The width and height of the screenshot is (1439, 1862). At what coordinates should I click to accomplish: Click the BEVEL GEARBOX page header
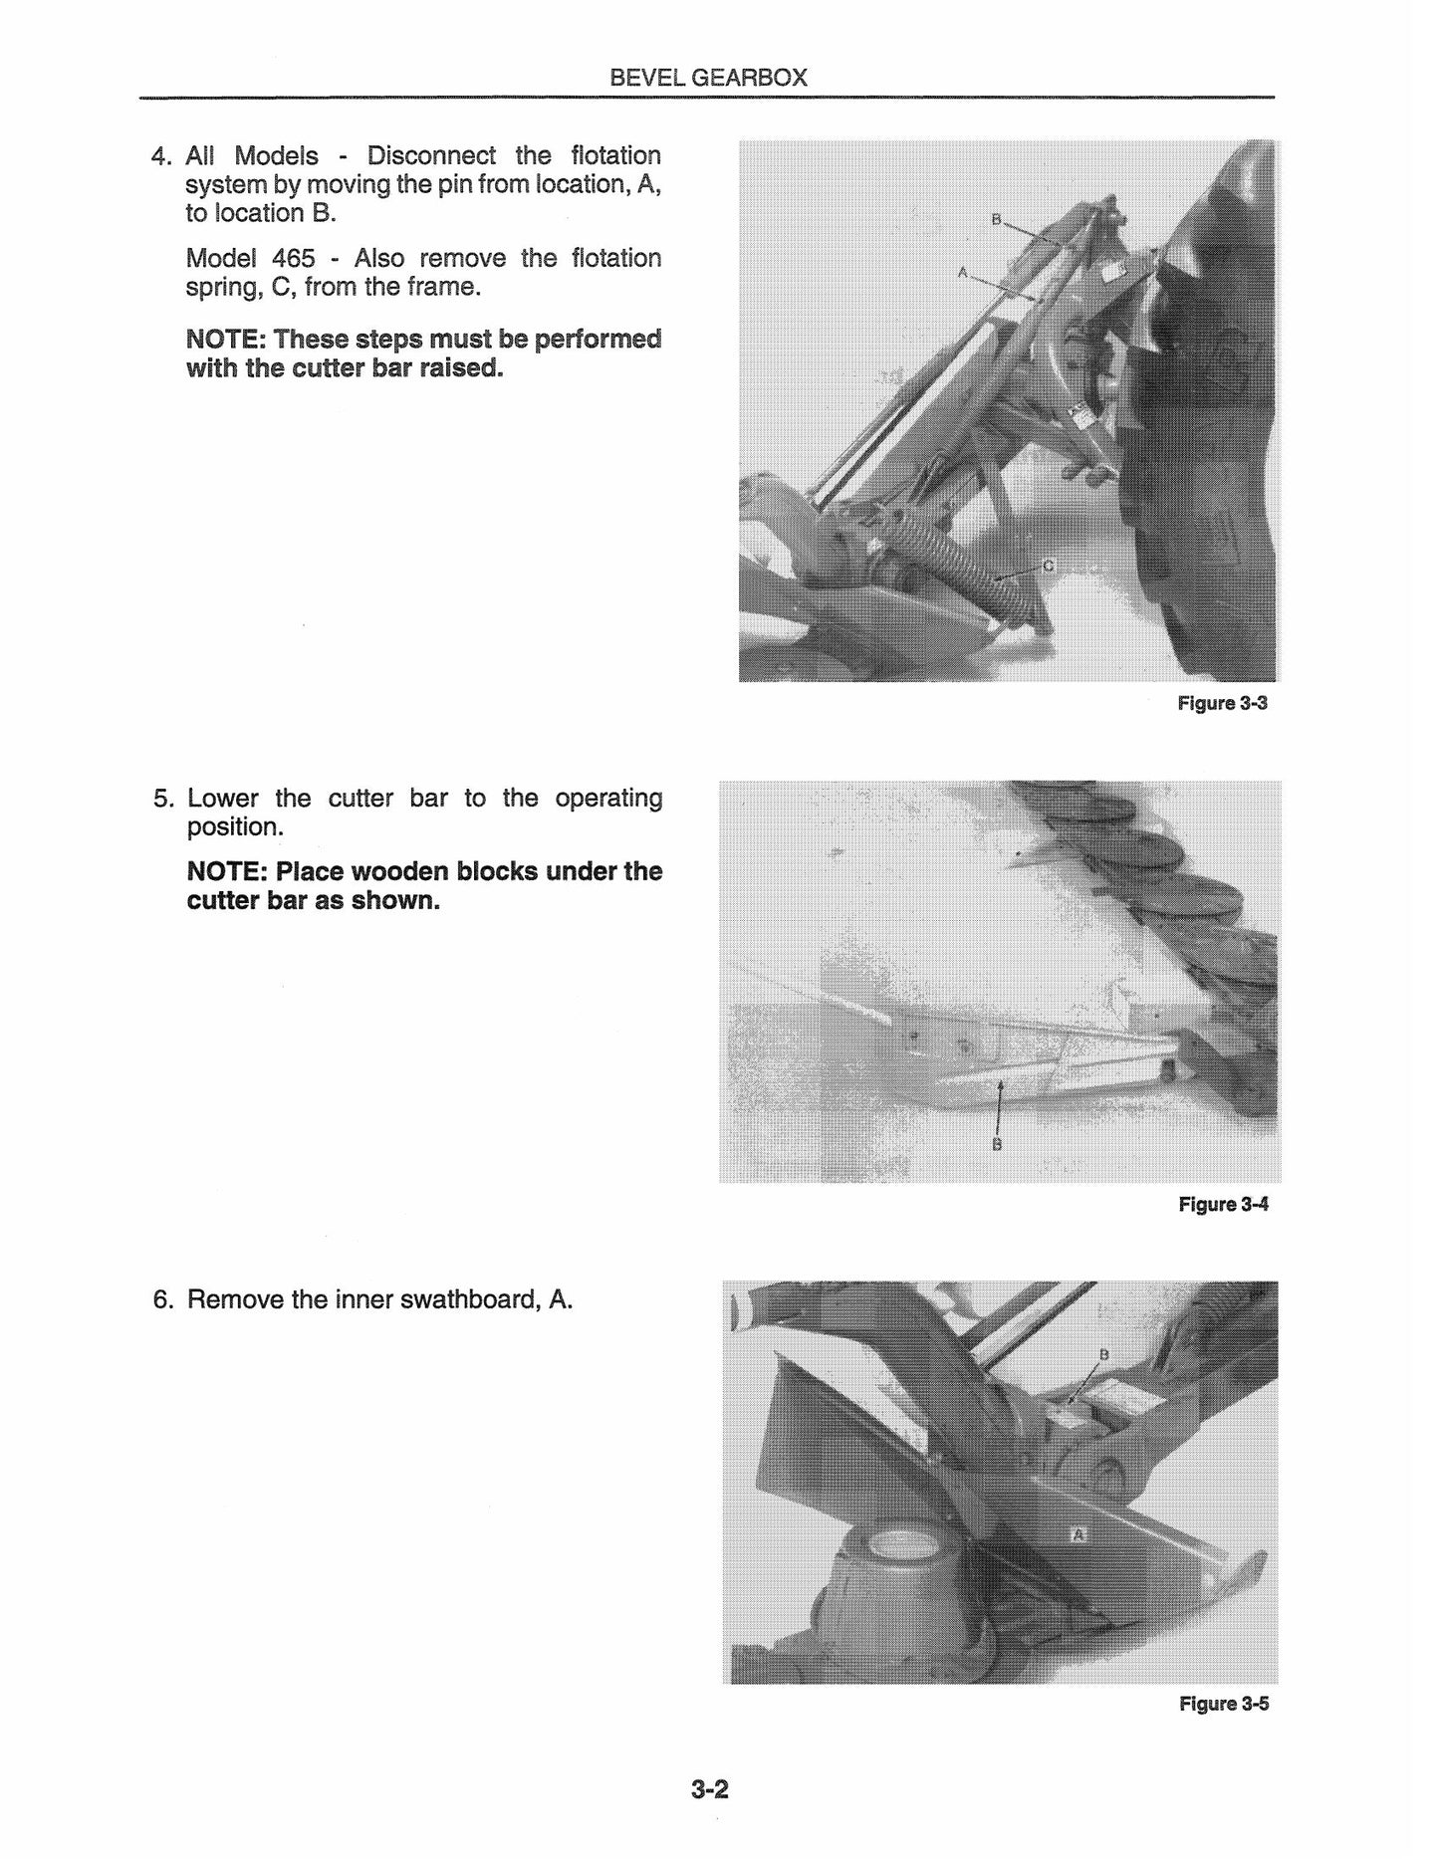708,78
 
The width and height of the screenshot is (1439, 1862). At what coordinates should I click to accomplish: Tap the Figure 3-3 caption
1222,704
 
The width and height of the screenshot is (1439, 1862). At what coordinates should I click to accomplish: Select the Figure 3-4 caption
1223,1205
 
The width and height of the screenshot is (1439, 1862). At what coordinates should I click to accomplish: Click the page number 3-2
710,1789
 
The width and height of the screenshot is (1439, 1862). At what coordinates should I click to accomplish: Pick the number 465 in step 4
294,259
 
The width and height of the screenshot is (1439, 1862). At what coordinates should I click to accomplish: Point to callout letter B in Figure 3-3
995,219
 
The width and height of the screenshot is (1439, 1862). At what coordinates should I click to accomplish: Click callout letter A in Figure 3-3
962,271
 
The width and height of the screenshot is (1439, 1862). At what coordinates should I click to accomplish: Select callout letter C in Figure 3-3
1047,566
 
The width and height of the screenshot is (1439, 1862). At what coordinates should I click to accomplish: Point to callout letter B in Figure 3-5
1102,1354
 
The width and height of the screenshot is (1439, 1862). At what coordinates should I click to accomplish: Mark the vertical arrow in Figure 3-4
998,1106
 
